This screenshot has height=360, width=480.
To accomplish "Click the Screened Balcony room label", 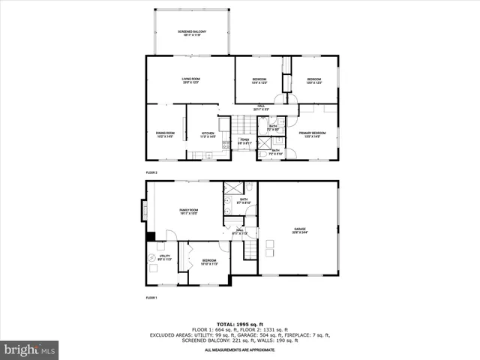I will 192,32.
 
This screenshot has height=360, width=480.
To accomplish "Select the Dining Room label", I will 165,134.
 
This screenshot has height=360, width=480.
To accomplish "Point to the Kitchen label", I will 207,134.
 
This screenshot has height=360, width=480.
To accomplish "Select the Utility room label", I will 164,257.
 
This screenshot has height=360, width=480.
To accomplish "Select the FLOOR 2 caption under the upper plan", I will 151,172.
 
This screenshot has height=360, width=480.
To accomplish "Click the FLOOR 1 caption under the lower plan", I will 151,298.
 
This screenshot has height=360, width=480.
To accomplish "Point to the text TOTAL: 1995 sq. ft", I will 240,322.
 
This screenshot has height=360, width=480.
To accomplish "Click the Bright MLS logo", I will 30,349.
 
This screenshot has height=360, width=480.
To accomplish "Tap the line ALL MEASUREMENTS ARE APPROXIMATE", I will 240,350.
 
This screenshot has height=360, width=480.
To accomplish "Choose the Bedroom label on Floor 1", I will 208,262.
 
